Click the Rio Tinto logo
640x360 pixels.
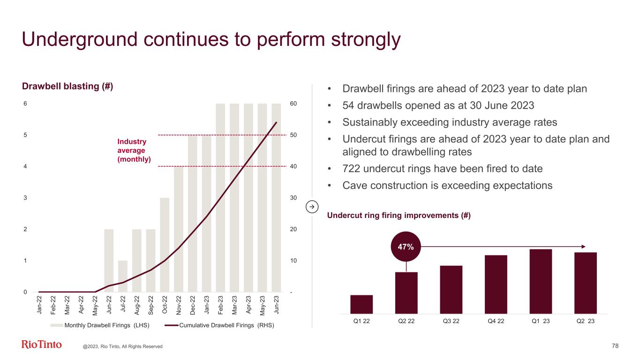41,345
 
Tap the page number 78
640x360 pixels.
615,346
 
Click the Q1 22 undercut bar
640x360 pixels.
361,304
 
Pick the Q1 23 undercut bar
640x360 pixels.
541,281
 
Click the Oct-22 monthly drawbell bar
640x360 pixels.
165,245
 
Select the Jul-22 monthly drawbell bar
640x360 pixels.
123,276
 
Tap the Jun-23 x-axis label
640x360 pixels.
277,304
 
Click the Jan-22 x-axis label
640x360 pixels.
39,304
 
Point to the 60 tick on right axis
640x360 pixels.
293,104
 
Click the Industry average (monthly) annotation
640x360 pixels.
134,150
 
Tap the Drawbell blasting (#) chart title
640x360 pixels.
68,87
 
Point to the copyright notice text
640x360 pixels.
122,346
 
